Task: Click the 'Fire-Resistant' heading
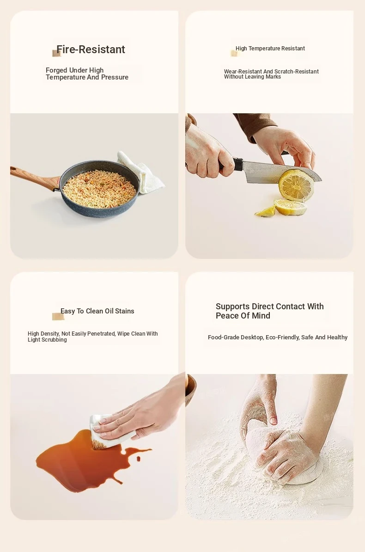tap(91, 49)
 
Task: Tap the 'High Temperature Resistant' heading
tap(270, 49)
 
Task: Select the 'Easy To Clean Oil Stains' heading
tap(97, 311)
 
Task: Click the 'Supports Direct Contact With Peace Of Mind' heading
tap(270, 311)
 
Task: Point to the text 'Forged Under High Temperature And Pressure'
tap(87, 74)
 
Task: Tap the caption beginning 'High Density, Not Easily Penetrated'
tap(92, 337)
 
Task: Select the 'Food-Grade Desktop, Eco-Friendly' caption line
tap(278, 337)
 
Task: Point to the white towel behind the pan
tap(141, 171)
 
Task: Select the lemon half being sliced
tap(296, 184)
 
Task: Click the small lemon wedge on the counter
tap(265, 211)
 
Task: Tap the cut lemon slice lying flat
tap(291, 207)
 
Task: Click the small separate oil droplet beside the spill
tap(138, 458)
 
